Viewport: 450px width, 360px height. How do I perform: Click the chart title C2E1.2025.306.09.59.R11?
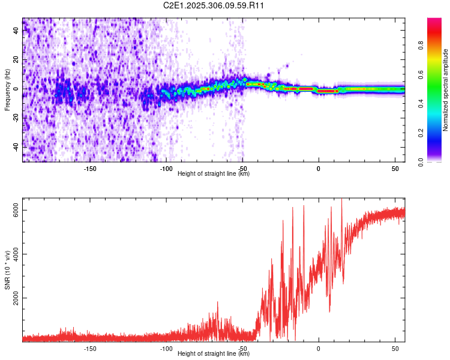pos(214,5)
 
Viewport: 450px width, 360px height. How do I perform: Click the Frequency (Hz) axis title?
pos(7,90)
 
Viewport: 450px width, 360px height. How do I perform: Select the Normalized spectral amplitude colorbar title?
pos(446,90)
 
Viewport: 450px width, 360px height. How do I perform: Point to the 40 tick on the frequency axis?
pos(16,31)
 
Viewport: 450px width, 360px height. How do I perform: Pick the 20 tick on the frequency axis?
pos(16,60)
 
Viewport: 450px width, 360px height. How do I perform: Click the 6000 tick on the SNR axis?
pos(16,211)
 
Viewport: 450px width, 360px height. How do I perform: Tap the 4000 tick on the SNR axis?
pos(16,254)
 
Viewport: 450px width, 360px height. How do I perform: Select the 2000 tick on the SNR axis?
pos(16,298)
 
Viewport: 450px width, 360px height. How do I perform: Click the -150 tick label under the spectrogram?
pos(90,169)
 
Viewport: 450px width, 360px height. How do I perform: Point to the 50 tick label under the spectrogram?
pos(395,169)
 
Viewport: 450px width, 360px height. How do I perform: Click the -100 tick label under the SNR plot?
pos(166,349)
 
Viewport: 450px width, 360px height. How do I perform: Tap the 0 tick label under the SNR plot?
pos(319,349)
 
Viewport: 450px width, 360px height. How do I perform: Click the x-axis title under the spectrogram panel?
pos(214,173)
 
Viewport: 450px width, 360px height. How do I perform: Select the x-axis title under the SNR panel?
pos(214,353)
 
